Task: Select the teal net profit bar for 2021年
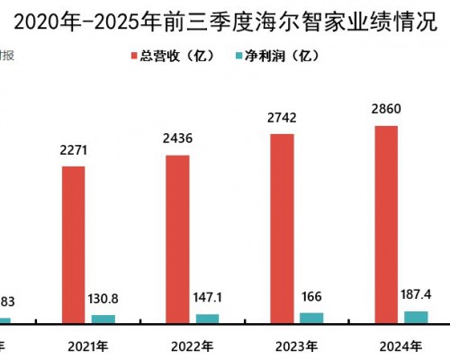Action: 103,319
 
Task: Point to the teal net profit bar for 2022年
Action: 207,318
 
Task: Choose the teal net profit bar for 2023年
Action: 311,317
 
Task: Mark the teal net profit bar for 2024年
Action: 416,316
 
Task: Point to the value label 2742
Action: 281,118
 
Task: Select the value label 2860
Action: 385,110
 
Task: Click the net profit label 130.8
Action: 104,300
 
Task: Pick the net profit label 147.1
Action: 208,298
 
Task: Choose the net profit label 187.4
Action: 416,294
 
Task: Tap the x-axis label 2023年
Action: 296,346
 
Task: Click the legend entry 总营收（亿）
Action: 179,56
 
